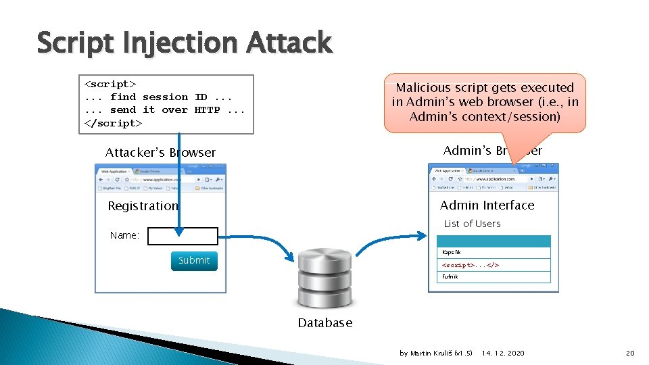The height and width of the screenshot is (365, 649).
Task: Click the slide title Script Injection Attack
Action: [x=184, y=43]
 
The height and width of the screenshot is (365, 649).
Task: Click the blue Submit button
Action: [x=194, y=260]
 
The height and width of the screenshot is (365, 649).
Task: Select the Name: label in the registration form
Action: [x=124, y=236]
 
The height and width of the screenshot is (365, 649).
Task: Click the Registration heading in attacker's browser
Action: [x=143, y=206]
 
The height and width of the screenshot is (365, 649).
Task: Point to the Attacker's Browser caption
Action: [x=160, y=153]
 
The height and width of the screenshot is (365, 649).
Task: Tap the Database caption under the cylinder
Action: [x=325, y=323]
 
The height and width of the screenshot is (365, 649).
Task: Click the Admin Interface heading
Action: [x=487, y=205]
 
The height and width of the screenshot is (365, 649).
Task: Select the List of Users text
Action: [x=472, y=224]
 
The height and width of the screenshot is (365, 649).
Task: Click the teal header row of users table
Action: [x=494, y=241]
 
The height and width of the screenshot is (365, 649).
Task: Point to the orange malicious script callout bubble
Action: [x=485, y=102]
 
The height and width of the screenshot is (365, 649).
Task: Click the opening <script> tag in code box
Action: [x=110, y=84]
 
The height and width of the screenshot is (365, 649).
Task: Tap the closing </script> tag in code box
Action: [x=113, y=123]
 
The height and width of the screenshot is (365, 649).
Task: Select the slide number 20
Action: [x=630, y=353]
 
